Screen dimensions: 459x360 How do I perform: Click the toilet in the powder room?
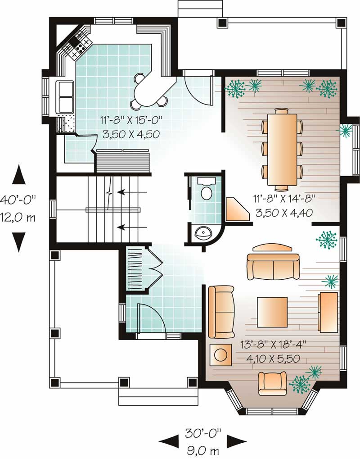click(206, 191)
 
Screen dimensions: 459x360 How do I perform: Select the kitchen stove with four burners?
click(80, 44)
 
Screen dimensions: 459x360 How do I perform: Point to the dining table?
click(282, 147)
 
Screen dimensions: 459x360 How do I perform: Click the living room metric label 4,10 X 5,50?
click(270, 359)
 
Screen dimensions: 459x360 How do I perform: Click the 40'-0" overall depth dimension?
click(18, 199)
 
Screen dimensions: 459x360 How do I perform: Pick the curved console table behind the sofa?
click(272, 248)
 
